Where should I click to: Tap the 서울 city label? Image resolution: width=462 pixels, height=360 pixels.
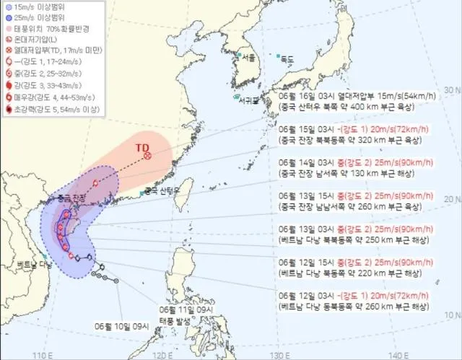tap(250, 57)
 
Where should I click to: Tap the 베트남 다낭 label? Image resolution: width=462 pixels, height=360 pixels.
tap(29, 265)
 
